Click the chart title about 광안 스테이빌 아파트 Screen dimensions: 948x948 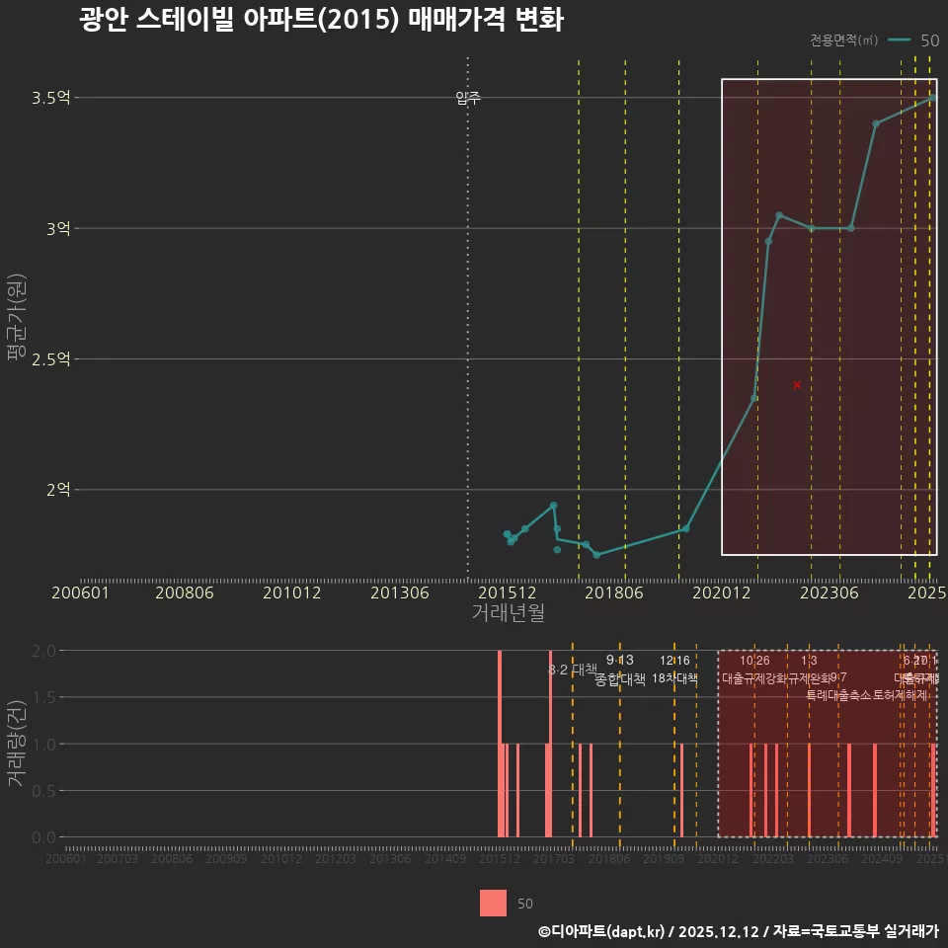(321, 20)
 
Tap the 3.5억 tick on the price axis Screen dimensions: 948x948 (51, 98)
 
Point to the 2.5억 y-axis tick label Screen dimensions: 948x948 (51, 359)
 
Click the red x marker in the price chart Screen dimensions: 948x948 (797, 384)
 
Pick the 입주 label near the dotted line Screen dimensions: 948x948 (468, 98)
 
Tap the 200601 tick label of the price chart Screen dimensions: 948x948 (80, 592)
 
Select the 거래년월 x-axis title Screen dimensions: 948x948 (508, 612)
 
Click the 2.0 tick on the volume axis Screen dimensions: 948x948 (43, 651)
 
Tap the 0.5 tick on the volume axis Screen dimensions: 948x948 (43, 791)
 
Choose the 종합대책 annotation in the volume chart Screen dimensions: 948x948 (620, 679)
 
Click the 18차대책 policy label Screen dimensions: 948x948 (674, 678)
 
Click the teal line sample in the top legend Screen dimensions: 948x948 (899, 40)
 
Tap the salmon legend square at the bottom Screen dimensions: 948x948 (493, 903)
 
